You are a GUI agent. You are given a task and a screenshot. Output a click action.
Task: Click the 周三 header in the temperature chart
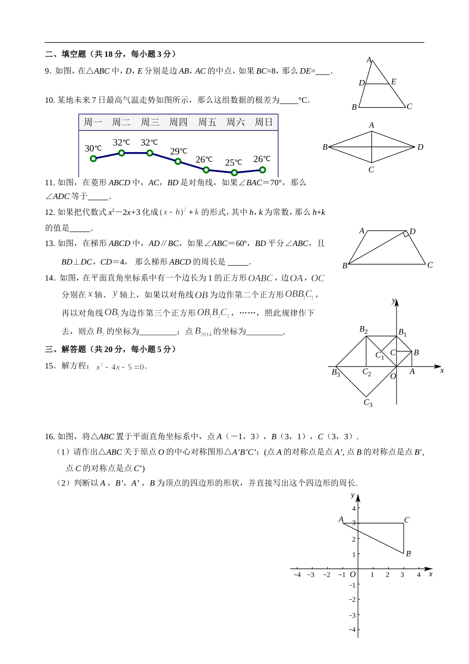tap(150, 123)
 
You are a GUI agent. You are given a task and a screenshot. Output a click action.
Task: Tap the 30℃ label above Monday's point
tap(93, 148)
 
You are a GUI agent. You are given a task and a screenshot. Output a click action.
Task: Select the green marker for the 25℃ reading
tap(234, 172)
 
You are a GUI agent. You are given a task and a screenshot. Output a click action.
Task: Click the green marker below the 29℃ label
tap(178, 161)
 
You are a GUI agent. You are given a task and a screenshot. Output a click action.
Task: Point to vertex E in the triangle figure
tap(393, 82)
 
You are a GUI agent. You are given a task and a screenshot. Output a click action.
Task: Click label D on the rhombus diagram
tap(420, 147)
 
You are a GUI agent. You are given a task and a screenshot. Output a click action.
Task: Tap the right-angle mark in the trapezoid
tap(406, 234)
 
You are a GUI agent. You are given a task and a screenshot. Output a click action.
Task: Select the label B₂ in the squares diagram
tap(363, 330)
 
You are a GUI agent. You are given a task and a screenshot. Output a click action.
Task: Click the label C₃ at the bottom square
tap(368, 403)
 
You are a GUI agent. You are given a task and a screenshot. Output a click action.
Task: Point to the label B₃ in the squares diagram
tap(336, 373)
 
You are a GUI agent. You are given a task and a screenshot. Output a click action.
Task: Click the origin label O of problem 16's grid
tap(352, 575)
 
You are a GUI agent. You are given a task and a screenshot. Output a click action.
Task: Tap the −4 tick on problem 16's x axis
tap(297, 575)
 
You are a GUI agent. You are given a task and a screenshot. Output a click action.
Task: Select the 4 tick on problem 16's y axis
tap(353, 508)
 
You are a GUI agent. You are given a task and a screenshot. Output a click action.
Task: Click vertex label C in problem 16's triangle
tap(407, 520)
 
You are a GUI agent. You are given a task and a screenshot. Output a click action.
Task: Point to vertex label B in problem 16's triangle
tap(408, 554)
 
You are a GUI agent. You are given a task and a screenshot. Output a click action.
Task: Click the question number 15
tap(49, 366)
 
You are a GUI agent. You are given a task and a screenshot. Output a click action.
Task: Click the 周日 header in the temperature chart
tap(264, 123)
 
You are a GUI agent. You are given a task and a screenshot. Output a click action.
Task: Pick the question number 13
tap(49, 243)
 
